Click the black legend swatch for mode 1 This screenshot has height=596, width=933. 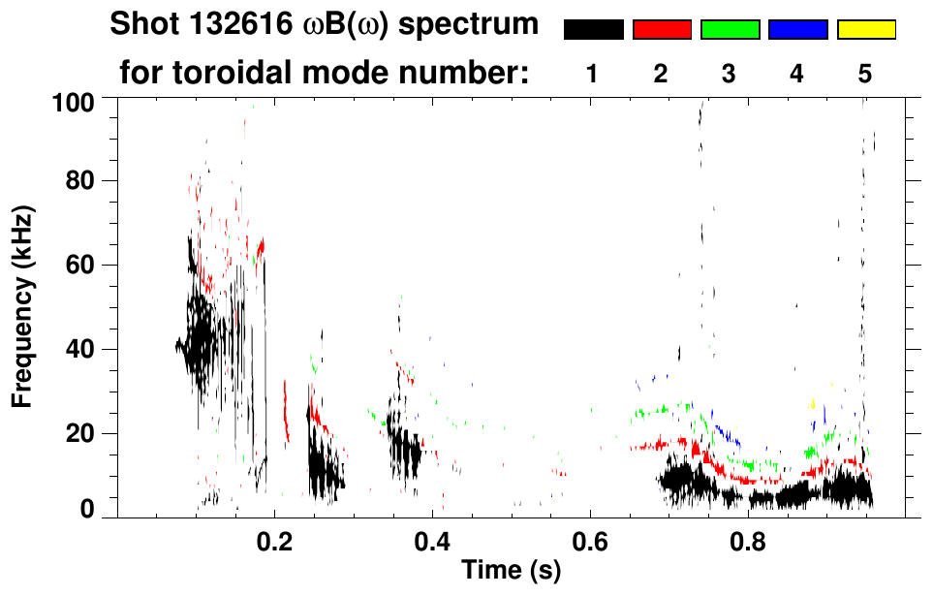[593, 30]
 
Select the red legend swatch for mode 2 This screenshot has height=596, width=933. [662, 30]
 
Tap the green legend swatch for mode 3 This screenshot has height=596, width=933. [730, 30]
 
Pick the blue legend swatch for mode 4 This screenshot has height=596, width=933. [797, 30]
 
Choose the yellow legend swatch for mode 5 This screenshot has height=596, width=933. [866, 30]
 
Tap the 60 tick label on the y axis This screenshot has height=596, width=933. [79, 265]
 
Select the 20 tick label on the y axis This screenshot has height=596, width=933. [79, 433]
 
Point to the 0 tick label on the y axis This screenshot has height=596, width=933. [86, 510]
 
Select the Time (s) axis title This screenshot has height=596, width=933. [511, 571]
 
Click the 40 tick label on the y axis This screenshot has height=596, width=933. [79, 349]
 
